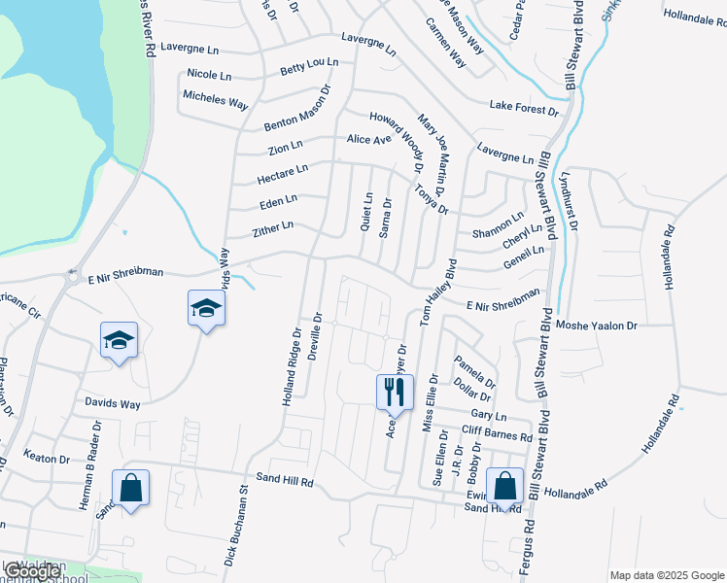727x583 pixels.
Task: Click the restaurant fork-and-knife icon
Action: point(394,391)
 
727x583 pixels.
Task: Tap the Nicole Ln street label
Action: point(209,74)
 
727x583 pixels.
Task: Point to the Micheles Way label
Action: point(216,99)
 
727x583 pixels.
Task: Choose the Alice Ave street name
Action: point(368,139)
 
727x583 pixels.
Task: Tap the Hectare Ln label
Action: point(282,174)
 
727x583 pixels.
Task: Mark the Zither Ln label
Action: point(272,227)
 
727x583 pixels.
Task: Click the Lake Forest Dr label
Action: point(524,109)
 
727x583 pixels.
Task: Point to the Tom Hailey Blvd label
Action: point(438,291)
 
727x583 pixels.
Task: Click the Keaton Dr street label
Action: point(48,459)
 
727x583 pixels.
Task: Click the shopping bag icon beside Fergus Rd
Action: point(505,486)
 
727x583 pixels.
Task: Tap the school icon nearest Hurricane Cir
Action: point(119,340)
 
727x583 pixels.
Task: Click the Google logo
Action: point(31,571)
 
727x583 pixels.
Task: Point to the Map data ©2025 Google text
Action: point(667,575)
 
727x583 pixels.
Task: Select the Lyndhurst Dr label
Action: point(569,202)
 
